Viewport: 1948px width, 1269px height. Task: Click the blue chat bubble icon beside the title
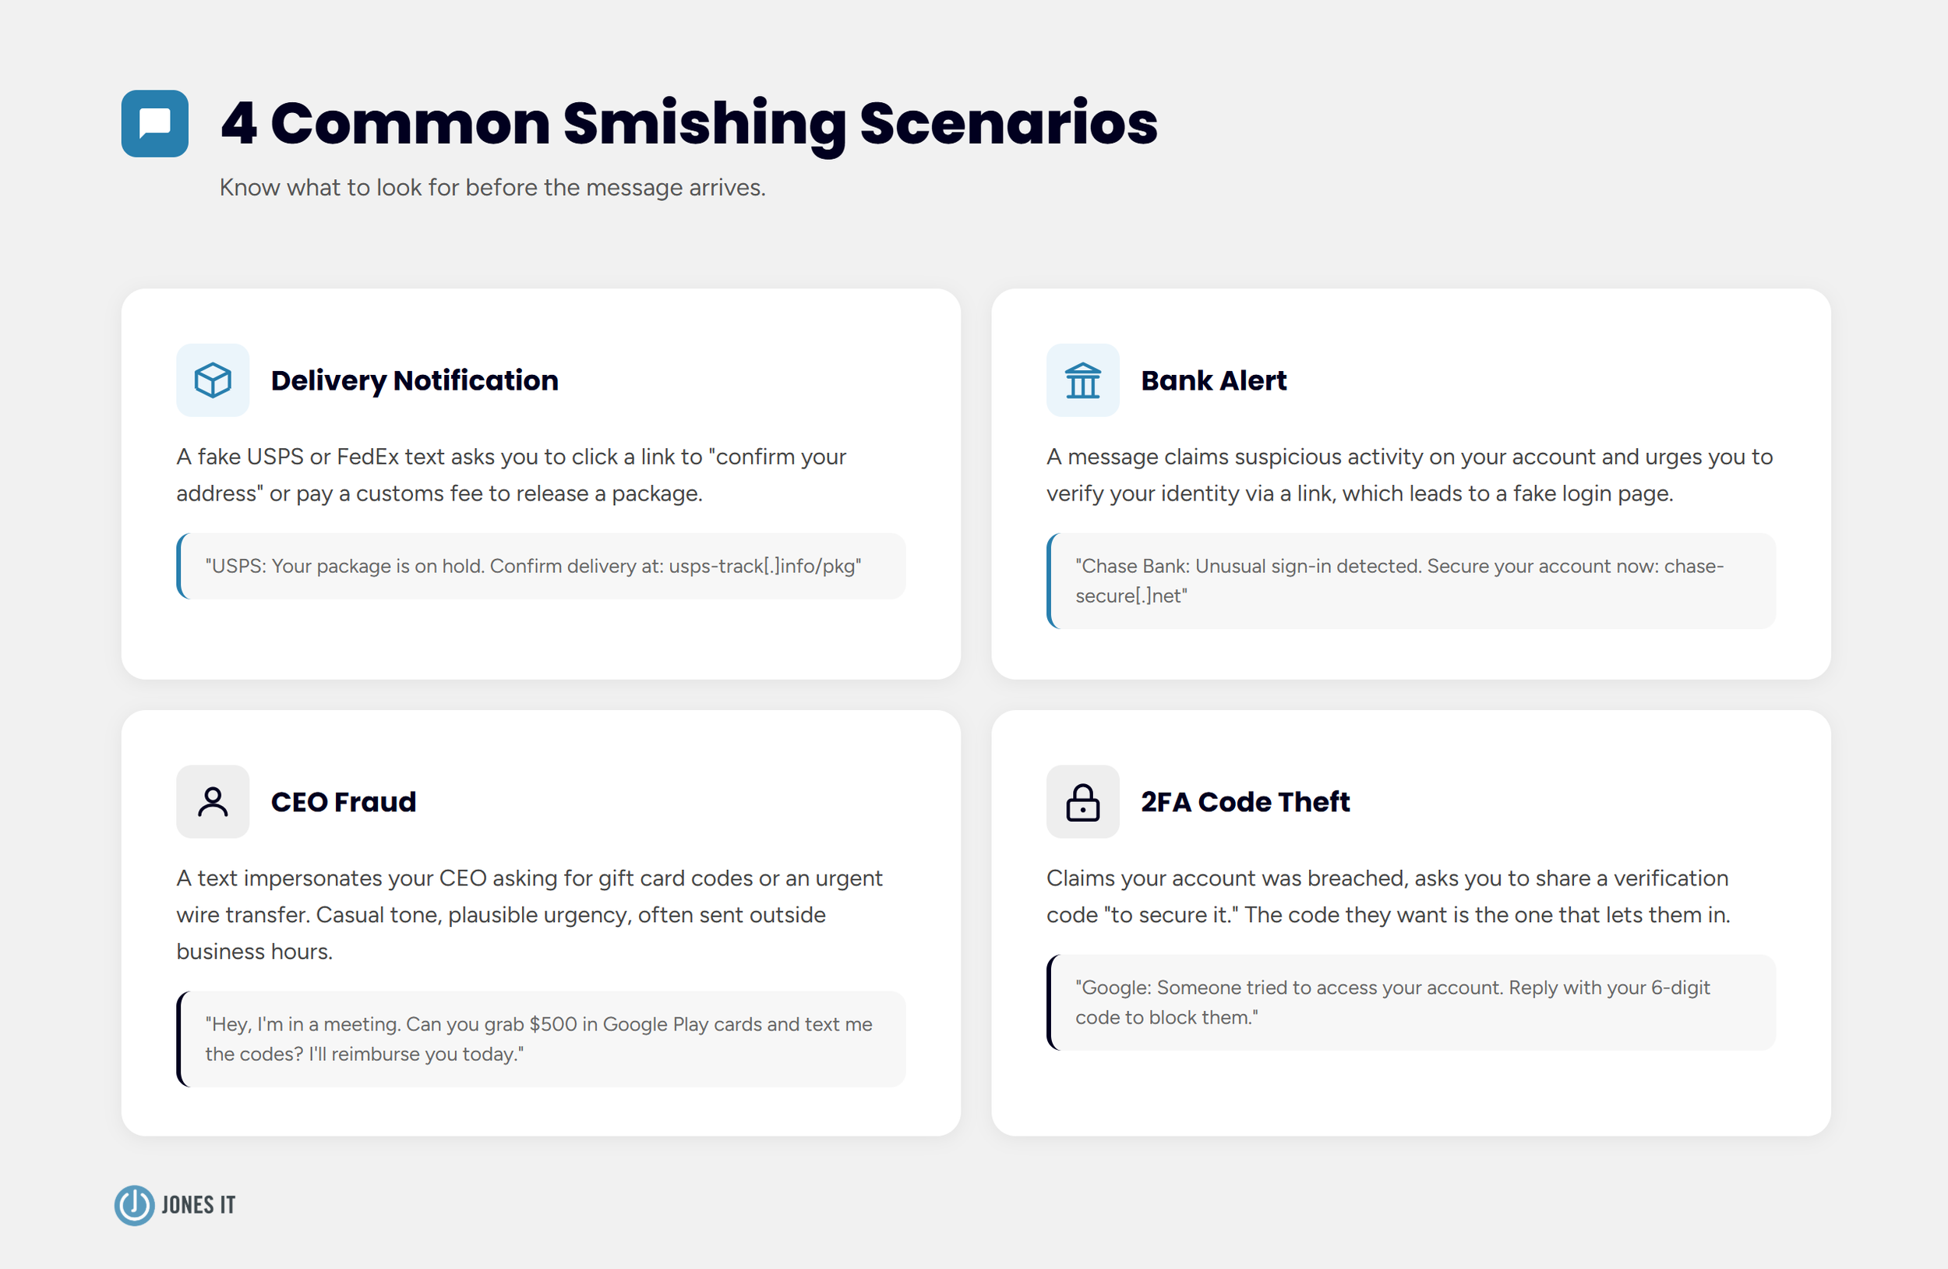click(x=155, y=124)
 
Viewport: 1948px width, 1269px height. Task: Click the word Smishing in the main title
click(x=704, y=125)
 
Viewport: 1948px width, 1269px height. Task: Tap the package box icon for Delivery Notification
click(x=213, y=380)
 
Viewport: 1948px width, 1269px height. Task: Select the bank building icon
click(x=1082, y=380)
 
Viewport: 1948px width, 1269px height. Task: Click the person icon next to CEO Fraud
click(x=213, y=802)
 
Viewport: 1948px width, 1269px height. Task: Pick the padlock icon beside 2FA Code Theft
click(x=1082, y=802)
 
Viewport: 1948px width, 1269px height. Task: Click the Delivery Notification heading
click(x=415, y=380)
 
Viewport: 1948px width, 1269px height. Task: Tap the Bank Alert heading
click(x=1213, y=380)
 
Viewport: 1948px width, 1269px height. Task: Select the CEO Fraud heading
click(x=343, y=802)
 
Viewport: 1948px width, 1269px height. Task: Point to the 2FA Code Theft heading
click(x=1245, y=802)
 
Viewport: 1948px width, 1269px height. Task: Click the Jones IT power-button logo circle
click(x=134, y=1205)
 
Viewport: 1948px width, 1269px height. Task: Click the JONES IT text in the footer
click(x=198, y=1205)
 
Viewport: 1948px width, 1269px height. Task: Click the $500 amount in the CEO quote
click(x=552, y=1025)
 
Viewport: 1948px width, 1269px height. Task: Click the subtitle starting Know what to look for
click(x=492, y=188)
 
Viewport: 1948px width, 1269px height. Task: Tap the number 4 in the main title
click(x=239, y=125)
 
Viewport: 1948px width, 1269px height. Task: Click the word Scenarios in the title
click(x=1008, y=125)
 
